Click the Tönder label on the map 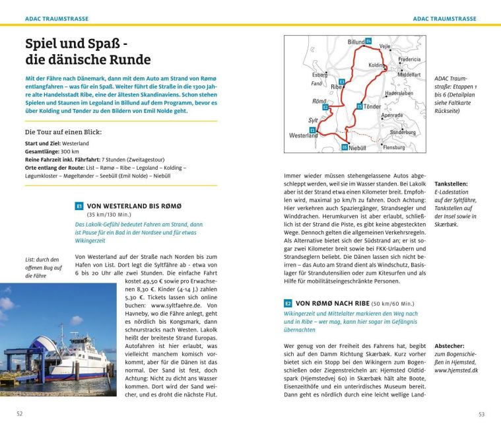[x=373, y=106]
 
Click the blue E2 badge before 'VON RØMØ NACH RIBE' [x=288, y=303]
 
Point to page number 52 [x=20, y=413]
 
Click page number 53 [x=481, y=413]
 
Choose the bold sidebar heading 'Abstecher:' [x=450, y=345]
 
